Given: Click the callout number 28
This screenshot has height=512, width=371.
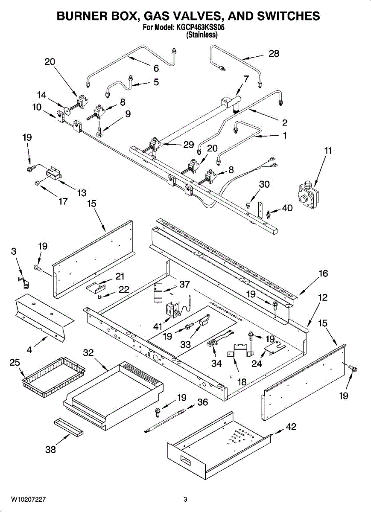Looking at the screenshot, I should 274,54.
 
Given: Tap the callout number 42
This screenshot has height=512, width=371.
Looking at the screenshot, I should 291,427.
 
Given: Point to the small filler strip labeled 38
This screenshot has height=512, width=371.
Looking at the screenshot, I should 68,427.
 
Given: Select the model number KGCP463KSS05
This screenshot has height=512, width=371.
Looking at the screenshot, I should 199,27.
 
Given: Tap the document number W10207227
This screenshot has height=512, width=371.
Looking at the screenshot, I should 29,500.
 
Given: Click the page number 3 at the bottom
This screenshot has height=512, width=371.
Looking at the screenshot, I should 185,500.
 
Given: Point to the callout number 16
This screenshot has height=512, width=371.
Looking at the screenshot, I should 323,273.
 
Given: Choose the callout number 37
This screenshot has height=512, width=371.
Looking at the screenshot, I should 184,284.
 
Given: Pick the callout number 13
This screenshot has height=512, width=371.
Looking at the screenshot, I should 82,193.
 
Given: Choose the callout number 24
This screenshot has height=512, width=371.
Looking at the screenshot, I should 256,364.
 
